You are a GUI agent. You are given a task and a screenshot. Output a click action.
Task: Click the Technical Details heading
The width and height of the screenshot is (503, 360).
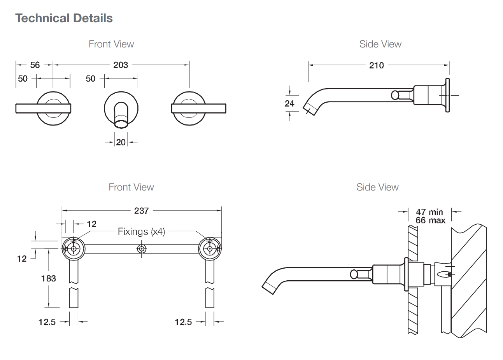coord(64,18)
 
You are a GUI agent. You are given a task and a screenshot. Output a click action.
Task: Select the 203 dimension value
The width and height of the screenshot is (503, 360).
coord(121,65)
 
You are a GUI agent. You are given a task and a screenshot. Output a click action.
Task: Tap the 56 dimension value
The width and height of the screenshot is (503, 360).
coord(35,65)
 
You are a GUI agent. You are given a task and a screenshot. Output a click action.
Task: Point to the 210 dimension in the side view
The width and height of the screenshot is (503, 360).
coord(376,65)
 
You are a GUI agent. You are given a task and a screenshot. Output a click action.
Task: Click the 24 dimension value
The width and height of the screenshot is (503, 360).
coord(289,103)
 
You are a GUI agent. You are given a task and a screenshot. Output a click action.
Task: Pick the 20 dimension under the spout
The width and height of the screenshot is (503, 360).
coord(121,142)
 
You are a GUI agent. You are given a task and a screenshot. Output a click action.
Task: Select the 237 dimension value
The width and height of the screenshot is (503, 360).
coord(141,210)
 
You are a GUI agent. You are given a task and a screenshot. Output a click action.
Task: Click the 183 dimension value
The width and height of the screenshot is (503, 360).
coord(49,278)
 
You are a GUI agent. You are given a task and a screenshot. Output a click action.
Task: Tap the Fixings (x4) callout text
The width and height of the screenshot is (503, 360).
coord(142,232)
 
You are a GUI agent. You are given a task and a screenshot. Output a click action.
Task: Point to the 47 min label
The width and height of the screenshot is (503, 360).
coord(429,212)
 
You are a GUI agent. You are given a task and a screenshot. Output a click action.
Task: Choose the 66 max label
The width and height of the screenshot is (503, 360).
coord(430,220)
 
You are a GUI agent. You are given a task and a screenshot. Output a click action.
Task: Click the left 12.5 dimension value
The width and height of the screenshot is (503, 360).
coord(47,322)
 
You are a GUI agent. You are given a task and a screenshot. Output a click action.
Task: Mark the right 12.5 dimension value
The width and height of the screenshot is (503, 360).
coord(183,322)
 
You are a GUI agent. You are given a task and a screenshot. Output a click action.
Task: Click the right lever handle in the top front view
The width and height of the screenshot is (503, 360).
coord(199,108)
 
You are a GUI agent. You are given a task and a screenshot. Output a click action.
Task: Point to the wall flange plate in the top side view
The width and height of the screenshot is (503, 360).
coord(447,95)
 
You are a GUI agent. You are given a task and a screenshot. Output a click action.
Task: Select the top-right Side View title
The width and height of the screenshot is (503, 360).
coord(380,44)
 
